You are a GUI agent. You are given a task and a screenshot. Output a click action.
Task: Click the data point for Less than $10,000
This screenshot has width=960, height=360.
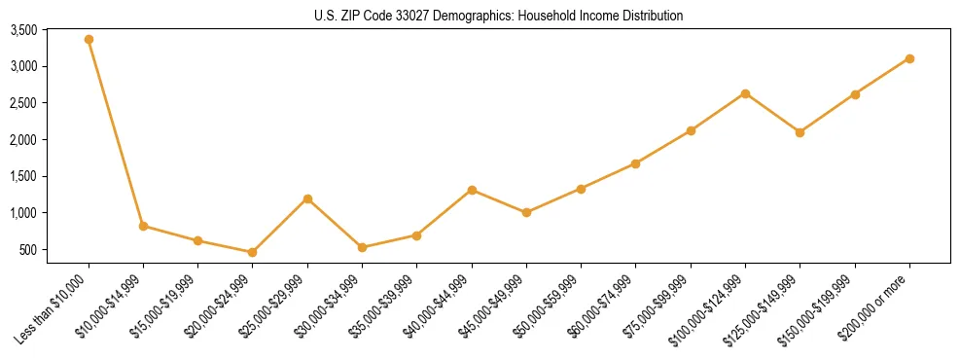click(89, 39)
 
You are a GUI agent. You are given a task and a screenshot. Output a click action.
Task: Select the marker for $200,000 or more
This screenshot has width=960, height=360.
click(909, 58)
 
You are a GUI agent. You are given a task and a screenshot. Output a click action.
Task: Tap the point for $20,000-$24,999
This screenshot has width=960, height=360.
click(253, 252)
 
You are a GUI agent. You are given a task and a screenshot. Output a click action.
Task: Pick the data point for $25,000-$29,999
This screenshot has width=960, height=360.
click(307, 198)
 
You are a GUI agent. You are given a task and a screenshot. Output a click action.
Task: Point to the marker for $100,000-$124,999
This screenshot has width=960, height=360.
click(745, 93)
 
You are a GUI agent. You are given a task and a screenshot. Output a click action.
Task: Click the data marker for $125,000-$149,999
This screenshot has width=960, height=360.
click(800, 132)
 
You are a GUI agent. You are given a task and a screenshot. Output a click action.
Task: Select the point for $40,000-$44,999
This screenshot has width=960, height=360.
click(472, 190)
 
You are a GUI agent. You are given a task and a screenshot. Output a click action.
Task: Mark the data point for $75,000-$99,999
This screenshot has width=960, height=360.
click(691, 130)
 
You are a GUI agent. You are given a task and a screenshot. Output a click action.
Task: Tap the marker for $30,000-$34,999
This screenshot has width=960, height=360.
click(362, 247)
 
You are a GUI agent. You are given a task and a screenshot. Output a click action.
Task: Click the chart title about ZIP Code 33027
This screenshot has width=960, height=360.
click(499, 16)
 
